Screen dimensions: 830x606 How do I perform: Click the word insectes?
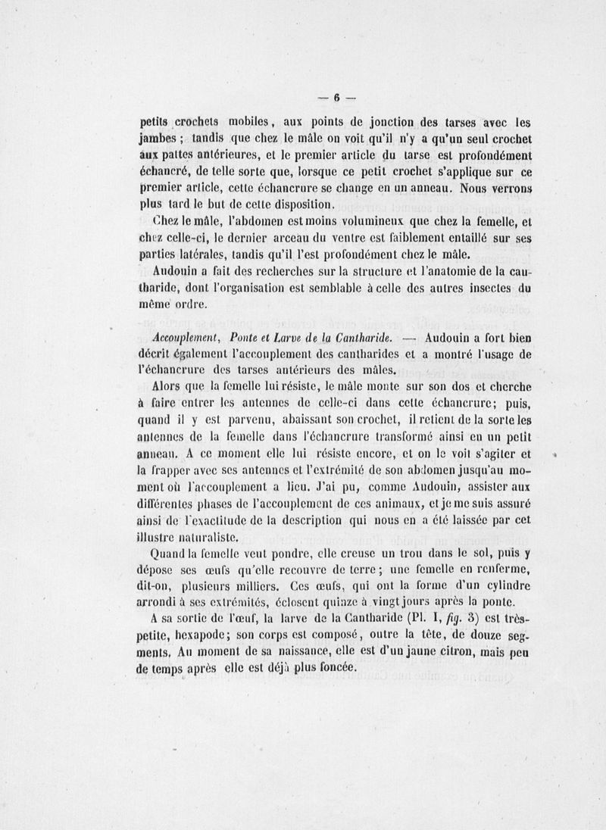[473, 289]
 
